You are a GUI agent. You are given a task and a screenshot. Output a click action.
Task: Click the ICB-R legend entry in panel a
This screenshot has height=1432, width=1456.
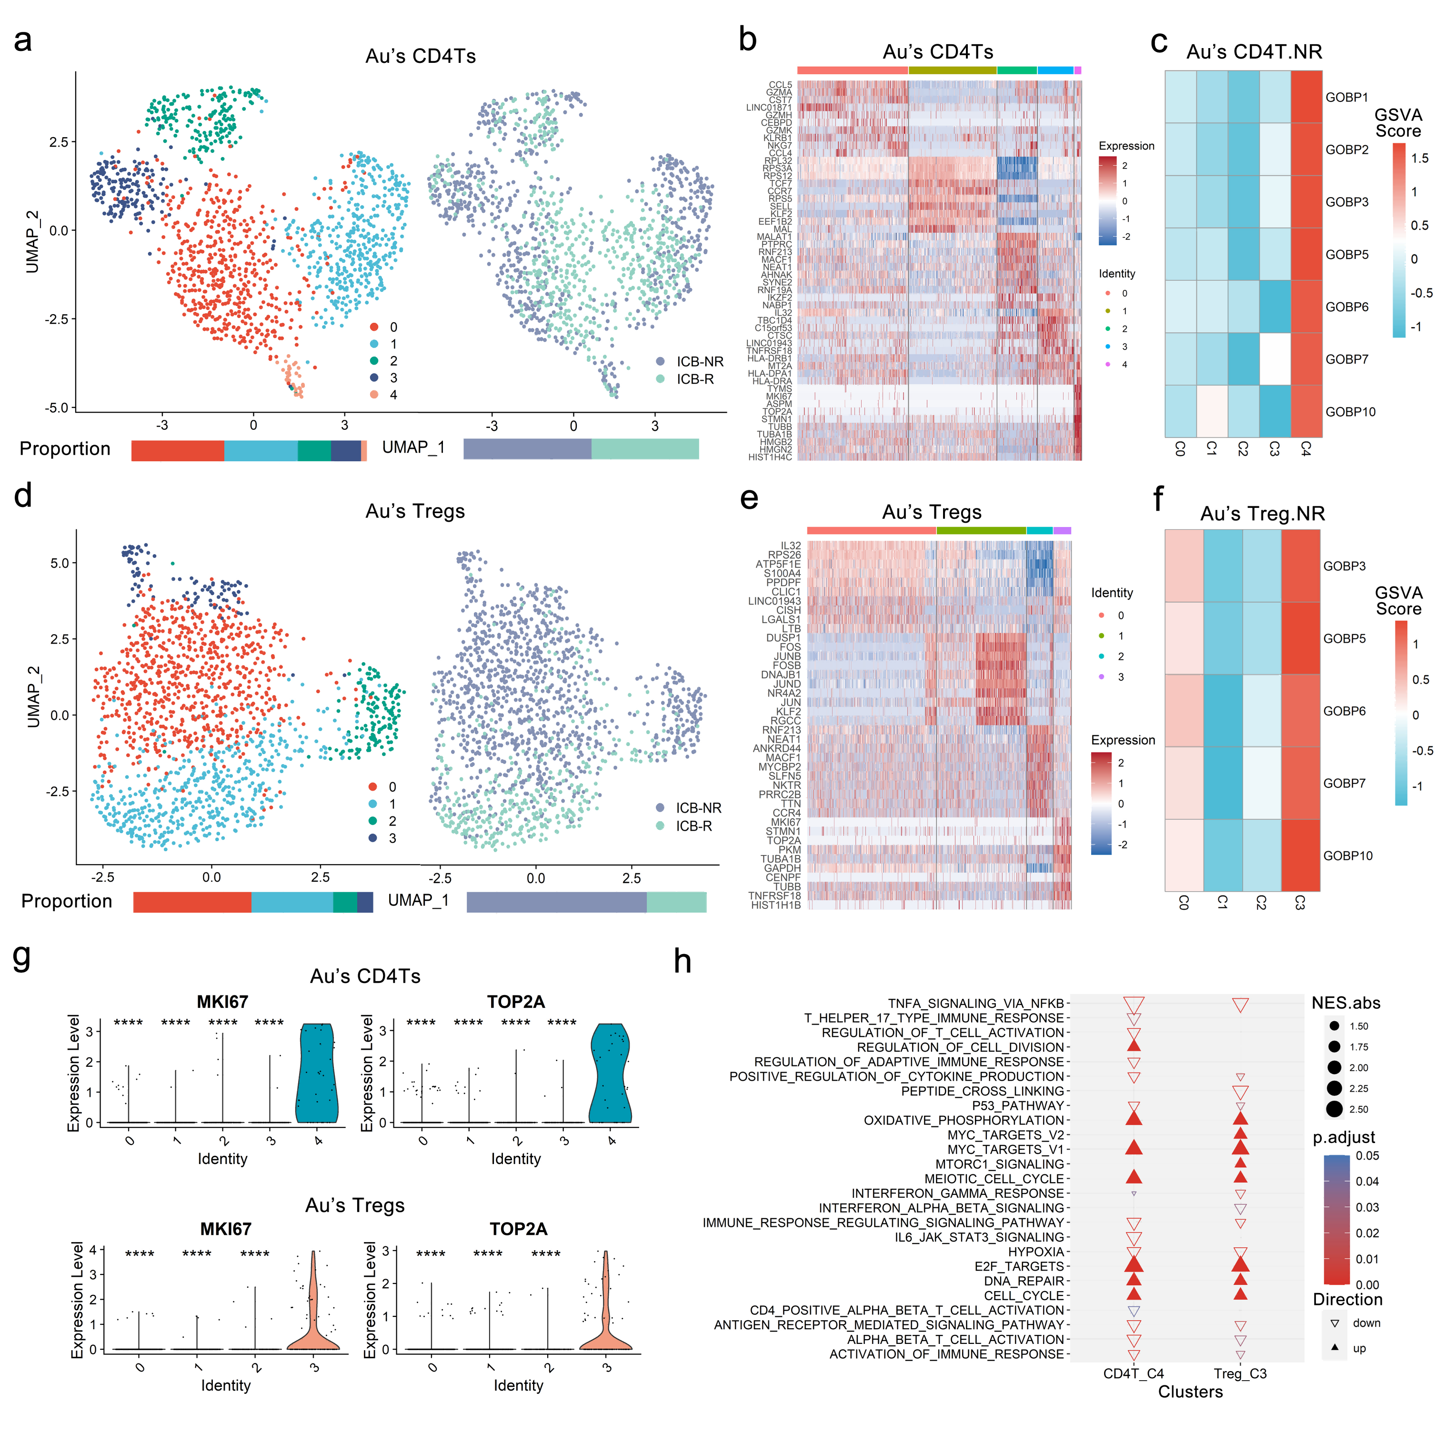694,379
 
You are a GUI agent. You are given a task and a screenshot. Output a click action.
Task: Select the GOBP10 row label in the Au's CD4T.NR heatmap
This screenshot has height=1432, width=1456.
1350,412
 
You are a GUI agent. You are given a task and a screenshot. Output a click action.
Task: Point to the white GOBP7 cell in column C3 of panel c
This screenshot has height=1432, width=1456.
1274,359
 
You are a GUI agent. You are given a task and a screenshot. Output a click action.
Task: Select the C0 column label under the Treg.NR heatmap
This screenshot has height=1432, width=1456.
1184,903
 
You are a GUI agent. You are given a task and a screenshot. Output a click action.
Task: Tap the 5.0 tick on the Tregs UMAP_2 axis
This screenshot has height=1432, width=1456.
60,563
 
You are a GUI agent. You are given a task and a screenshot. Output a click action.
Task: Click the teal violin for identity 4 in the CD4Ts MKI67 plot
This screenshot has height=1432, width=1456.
317,1075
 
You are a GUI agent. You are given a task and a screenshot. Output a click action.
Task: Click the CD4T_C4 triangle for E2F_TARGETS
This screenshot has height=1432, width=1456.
1133,1266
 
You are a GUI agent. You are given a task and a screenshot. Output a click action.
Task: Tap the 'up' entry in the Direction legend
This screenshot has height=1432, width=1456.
1359,1348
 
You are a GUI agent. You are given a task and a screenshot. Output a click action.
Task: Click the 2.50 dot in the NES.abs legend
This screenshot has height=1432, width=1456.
1335,1109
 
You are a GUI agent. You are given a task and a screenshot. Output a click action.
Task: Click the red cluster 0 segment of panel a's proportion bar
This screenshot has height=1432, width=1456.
178,450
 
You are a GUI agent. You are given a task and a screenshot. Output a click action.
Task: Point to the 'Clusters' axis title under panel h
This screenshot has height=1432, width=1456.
1190,1392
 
